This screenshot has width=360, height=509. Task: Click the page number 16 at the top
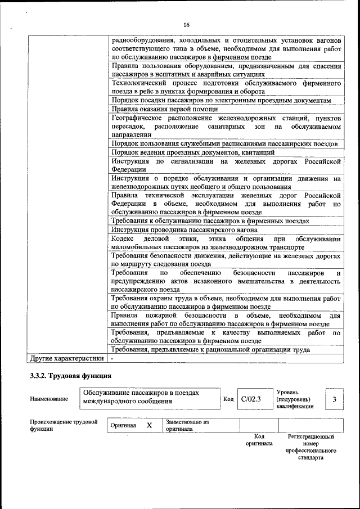click(186, 25)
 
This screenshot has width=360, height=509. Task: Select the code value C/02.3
click(251, 399)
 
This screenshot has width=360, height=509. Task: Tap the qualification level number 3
click(335, 399)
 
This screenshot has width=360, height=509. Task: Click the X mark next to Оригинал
click(149, 425)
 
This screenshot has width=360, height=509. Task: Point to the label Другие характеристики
click(66, 358)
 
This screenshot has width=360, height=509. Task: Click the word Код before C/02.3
click(228, 399)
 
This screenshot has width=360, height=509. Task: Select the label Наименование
click(49, 399)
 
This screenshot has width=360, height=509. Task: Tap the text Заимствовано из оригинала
click(187, 425)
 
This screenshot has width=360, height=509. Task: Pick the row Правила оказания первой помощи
click(165, 109)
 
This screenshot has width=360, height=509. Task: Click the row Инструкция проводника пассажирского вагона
click(182, 229)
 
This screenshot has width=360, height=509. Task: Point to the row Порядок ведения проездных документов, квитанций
click(193, 152)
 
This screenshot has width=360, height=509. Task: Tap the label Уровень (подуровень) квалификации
click(295, 399)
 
